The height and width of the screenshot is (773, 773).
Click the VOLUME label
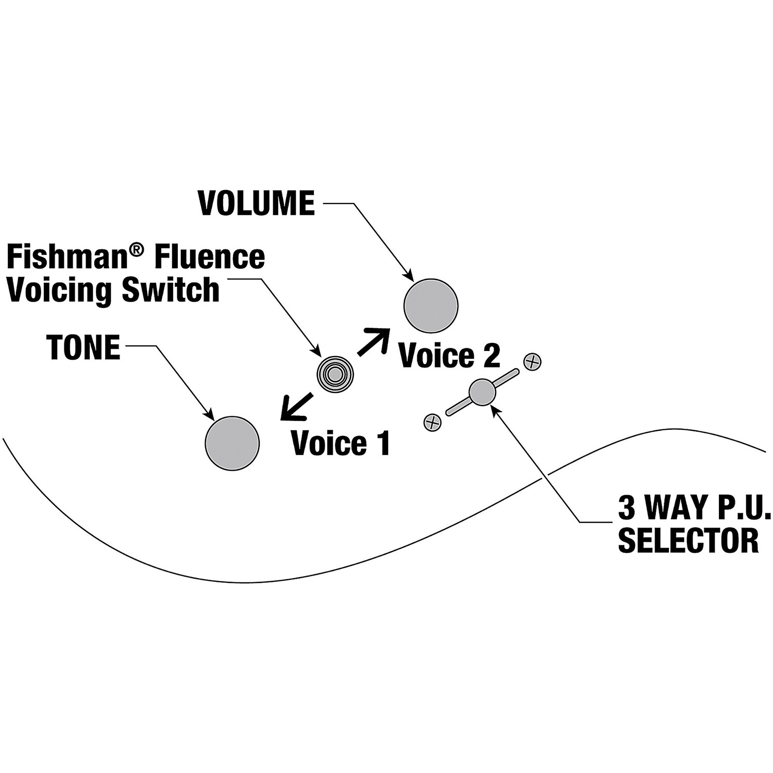[x=256, y=203]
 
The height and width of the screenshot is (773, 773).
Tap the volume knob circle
[x=431, y=306]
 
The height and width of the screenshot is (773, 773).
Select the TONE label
[x=83, y=347]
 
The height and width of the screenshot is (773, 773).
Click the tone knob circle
[x=232, y=443]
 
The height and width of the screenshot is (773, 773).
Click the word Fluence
[x=209, y=257]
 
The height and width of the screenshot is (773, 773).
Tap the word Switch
[x=171, y=290]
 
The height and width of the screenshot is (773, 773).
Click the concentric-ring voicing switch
[x=335, y=374]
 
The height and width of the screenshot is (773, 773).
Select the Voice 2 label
[x=449, y=356]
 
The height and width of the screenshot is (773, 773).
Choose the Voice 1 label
[x=341, y=443]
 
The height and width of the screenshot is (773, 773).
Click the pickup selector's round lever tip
[x=482, y=392]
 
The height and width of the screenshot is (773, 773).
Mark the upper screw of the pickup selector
[x=532, y=362]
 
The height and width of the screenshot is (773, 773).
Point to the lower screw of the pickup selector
[x=432, y=423]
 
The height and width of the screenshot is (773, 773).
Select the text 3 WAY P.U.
[x=694, y=508]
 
